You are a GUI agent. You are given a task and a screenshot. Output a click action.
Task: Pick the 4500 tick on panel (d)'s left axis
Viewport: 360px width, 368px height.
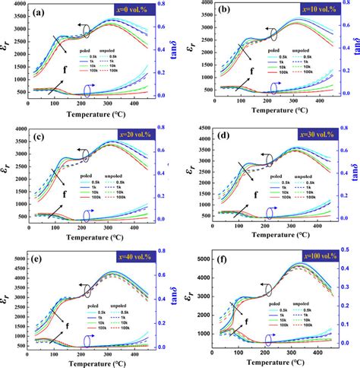[201, 138]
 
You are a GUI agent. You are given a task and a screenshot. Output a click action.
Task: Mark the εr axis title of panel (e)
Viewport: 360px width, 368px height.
[6, 300]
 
